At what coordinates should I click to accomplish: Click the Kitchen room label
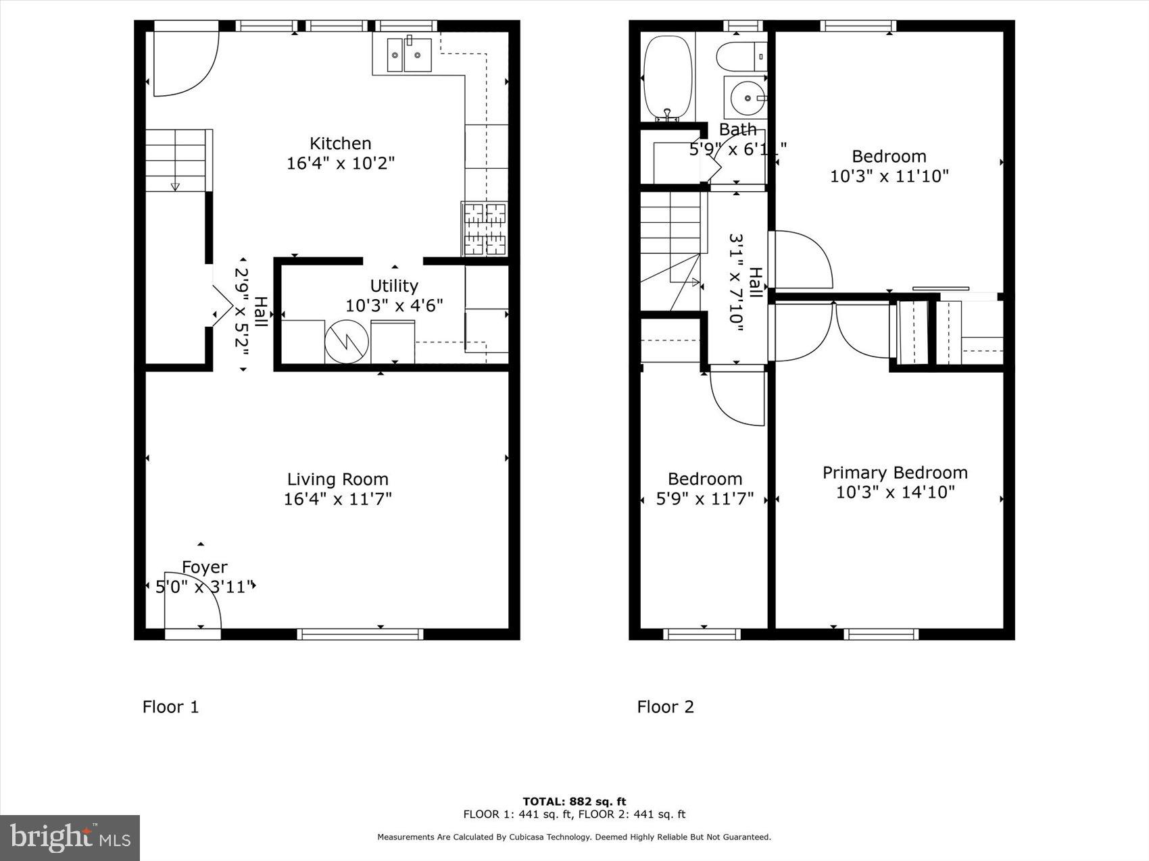coord(340,143)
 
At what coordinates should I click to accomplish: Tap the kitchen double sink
coord(409,55)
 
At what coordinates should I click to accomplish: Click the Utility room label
coord(393,286)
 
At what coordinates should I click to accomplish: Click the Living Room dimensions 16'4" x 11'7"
coord(337,499)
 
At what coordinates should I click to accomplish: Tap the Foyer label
coord(204,567)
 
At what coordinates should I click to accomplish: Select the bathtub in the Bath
coord(668,78)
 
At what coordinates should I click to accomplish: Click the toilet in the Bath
coord(741,57)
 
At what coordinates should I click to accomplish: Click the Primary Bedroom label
coord(894,473)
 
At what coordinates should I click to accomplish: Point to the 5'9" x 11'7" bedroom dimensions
coord(704,499)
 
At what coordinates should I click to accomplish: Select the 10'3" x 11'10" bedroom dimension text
coord(889,176)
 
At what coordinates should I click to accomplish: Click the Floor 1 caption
coord(170,707)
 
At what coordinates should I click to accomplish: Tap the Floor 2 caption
coord(665,707)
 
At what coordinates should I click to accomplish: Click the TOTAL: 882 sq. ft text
coord(574,802)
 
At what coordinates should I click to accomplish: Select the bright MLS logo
coord(70,837)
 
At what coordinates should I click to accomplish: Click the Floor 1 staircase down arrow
coord(175,186)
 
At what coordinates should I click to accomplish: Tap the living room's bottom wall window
coord(360,634)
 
